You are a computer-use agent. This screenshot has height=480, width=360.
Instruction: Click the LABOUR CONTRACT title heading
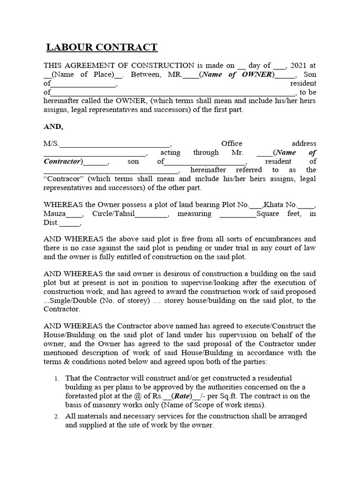pos(102,47)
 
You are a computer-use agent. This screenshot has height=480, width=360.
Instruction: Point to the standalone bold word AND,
pos(53,127)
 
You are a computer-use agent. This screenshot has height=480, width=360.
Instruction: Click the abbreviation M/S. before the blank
pos(52,144)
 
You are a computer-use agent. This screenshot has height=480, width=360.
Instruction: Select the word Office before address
pos(232,143)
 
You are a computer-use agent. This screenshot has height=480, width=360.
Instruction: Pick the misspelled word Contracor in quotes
pos(63,179)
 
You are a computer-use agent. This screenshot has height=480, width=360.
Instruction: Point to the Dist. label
pos(52,223)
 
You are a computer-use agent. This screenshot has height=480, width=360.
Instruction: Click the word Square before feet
pos(270,214)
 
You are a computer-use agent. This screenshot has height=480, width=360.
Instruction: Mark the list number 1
pos(56,378)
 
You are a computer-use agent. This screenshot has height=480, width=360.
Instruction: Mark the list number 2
pos(56,417)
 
